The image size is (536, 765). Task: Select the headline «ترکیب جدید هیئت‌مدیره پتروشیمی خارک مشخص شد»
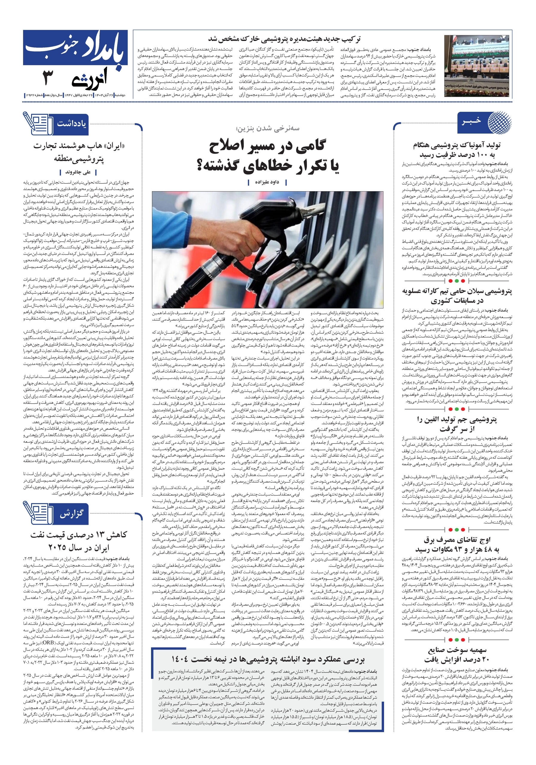(284, 39)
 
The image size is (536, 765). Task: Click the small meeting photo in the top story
(477, 66)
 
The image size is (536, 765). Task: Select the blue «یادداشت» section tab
(71, 124)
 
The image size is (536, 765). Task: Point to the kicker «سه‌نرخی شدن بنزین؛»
(267, 128)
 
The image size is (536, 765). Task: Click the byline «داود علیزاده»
(267, 182)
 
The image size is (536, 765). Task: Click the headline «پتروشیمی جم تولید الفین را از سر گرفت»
(457, 424)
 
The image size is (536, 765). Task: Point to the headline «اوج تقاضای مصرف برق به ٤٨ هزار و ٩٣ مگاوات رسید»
(457, 545)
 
